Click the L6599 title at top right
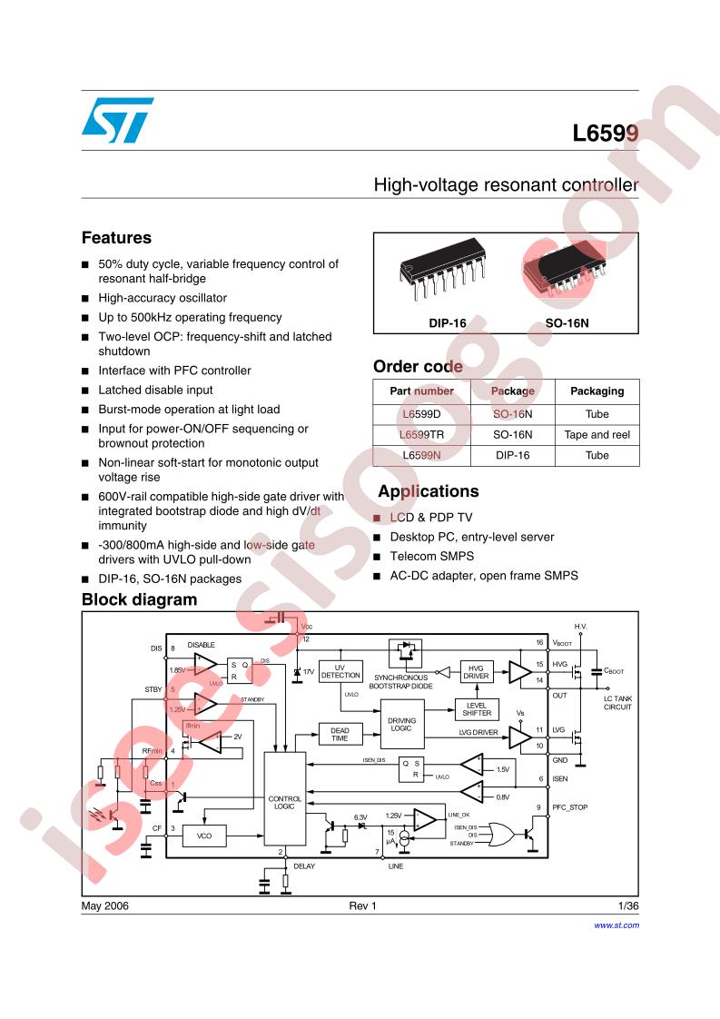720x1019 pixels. pos(606,134)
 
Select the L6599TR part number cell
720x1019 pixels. pos(422,435)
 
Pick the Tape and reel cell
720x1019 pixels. pos(597,435)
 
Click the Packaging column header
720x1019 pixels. pos(597,391)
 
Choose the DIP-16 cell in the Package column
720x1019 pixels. pos(512,455)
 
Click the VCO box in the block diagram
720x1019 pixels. pos(203,835)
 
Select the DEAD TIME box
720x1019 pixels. pos(339,734)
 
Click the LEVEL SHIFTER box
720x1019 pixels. pos(477,708)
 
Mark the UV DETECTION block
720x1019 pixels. pos(340,671)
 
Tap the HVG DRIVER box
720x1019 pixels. pos(477,671)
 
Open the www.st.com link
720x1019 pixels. pos(616,925)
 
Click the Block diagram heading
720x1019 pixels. pos(139,599)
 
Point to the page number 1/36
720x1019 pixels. pos(627,906)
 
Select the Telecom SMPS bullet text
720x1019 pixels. pos(432,556)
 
